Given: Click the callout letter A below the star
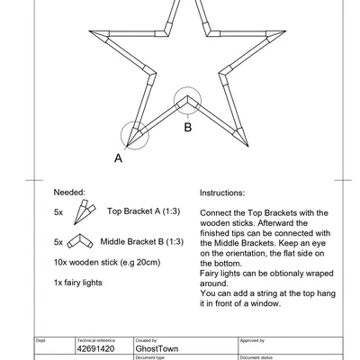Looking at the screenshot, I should point(118,157).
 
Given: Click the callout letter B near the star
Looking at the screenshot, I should point(187,128).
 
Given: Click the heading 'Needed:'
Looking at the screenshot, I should point(69,193).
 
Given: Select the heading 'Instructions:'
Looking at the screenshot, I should point(221,193).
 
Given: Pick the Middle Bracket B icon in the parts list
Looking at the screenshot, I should point(81,241).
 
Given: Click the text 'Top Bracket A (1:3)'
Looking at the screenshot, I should point(145,211).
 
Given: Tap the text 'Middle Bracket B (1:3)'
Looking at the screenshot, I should point(142,241).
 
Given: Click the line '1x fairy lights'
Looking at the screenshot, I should point(78,283).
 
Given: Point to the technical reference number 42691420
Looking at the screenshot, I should point(96,348).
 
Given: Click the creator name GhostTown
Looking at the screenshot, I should point(156,348).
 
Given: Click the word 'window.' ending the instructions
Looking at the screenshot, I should point(265,303).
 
